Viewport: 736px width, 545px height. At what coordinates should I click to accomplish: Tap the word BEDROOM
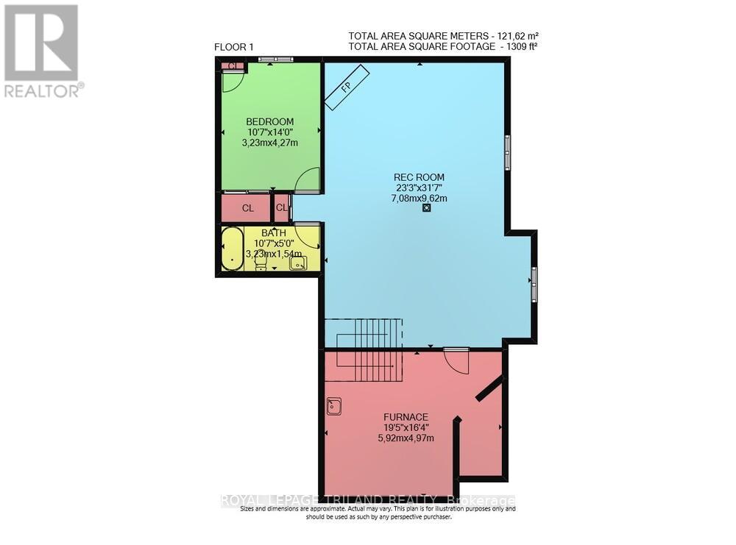pos(270,121)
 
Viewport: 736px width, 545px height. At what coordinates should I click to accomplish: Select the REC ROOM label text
pos(419,177)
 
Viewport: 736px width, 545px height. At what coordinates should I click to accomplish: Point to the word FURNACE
pos(400,416)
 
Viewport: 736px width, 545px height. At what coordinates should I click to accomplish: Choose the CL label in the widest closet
pos(248,208)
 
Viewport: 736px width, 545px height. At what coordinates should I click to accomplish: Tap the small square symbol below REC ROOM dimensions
pos(427,207)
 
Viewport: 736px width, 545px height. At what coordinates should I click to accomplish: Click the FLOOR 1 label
pos(233,47)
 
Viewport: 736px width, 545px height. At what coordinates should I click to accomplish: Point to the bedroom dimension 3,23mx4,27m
pos(270,143)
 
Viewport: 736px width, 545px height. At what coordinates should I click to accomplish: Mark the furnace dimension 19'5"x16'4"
pos(400,427)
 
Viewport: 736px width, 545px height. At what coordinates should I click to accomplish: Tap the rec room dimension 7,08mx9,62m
pos(419,198)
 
